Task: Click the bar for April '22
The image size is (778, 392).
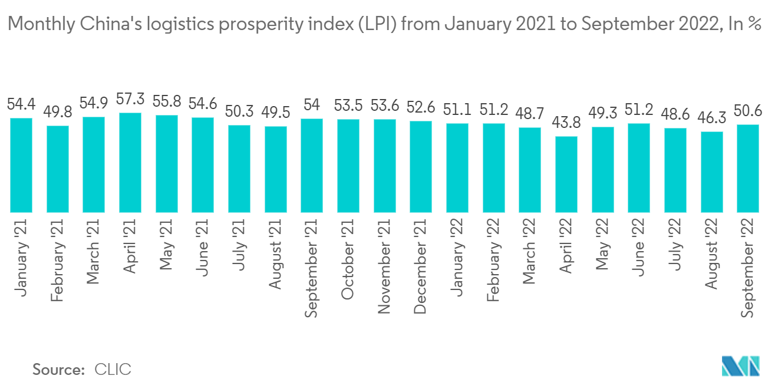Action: [x=566, y=174]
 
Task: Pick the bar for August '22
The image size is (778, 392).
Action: [x=712, y=172]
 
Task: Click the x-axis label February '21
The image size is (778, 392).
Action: [x=57, y=259]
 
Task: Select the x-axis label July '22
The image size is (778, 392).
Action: [x=675, y=244]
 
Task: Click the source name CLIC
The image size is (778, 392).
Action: [x=113, y=370]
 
